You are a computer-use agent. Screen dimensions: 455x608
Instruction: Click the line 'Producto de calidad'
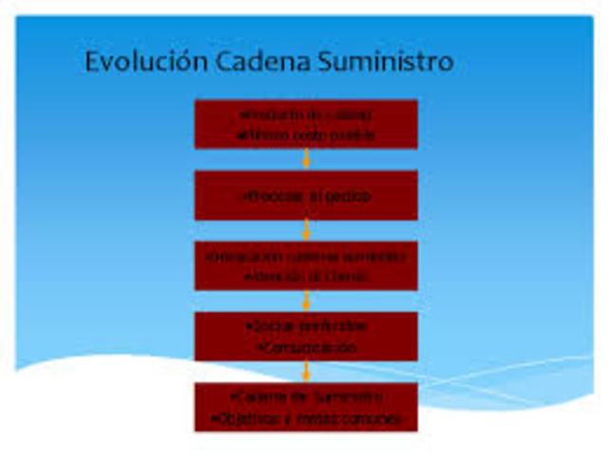[306, 115]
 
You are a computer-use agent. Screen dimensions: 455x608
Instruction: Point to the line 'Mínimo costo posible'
[306, 136]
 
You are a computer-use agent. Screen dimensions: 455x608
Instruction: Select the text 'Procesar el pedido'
[306, 197]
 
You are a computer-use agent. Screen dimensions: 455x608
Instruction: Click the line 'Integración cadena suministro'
[306, 256]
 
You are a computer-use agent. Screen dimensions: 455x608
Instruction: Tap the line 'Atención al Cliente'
[306, 276]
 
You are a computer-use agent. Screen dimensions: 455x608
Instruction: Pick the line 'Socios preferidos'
[306, 327]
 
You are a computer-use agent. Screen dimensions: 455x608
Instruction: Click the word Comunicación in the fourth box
[306, 348]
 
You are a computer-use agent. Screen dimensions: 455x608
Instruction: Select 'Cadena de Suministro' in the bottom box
[306, 396]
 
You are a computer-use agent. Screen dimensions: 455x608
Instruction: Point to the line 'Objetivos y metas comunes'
[306, 418]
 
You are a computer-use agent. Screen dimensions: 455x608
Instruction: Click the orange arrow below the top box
[306, 159]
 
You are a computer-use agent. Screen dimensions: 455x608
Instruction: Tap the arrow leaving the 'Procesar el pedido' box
[306, 230]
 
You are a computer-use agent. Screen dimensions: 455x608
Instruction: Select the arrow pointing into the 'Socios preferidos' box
[306, 301]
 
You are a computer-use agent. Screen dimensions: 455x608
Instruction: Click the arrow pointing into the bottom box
[306, 371]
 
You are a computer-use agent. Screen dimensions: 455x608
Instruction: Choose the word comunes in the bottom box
[377, 418]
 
